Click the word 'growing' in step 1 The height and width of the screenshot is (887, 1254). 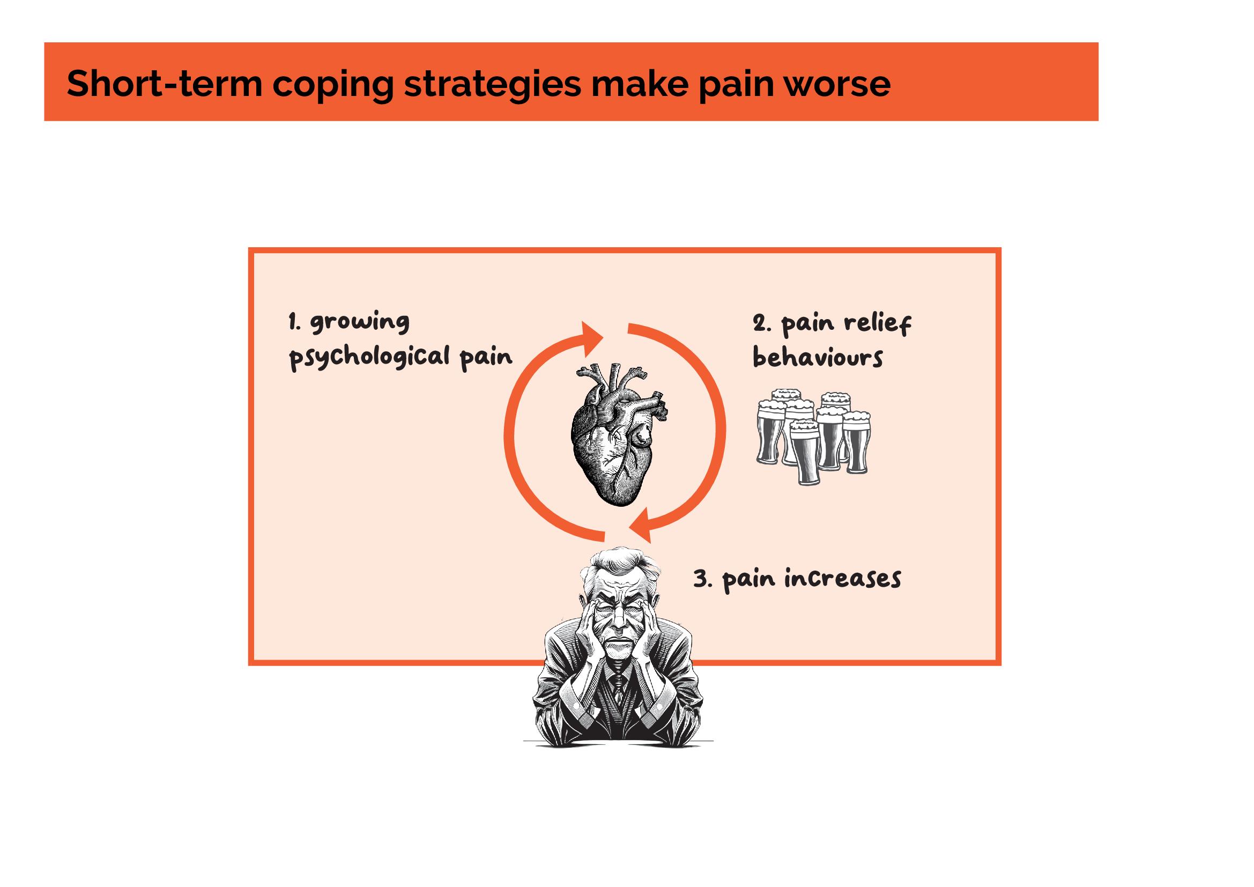coord(360,323)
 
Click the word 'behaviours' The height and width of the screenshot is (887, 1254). coord(817,358)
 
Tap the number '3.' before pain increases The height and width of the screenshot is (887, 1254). coord(702,579)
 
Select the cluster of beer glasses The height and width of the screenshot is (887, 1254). coord(813,437)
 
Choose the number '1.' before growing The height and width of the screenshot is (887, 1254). coord(294,322)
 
